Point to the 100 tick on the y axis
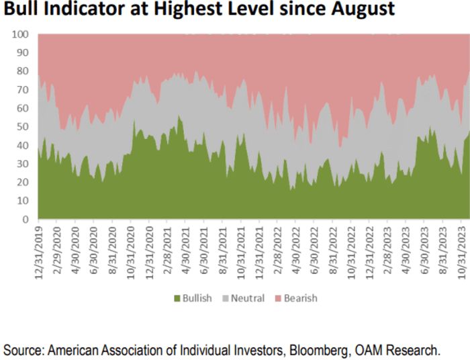(20, 34)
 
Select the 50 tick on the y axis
(23, 127)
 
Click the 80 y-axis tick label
(23, 71)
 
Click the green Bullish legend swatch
(177, 298)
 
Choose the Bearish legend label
(299, 298)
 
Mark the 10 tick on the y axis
(23, 201)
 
